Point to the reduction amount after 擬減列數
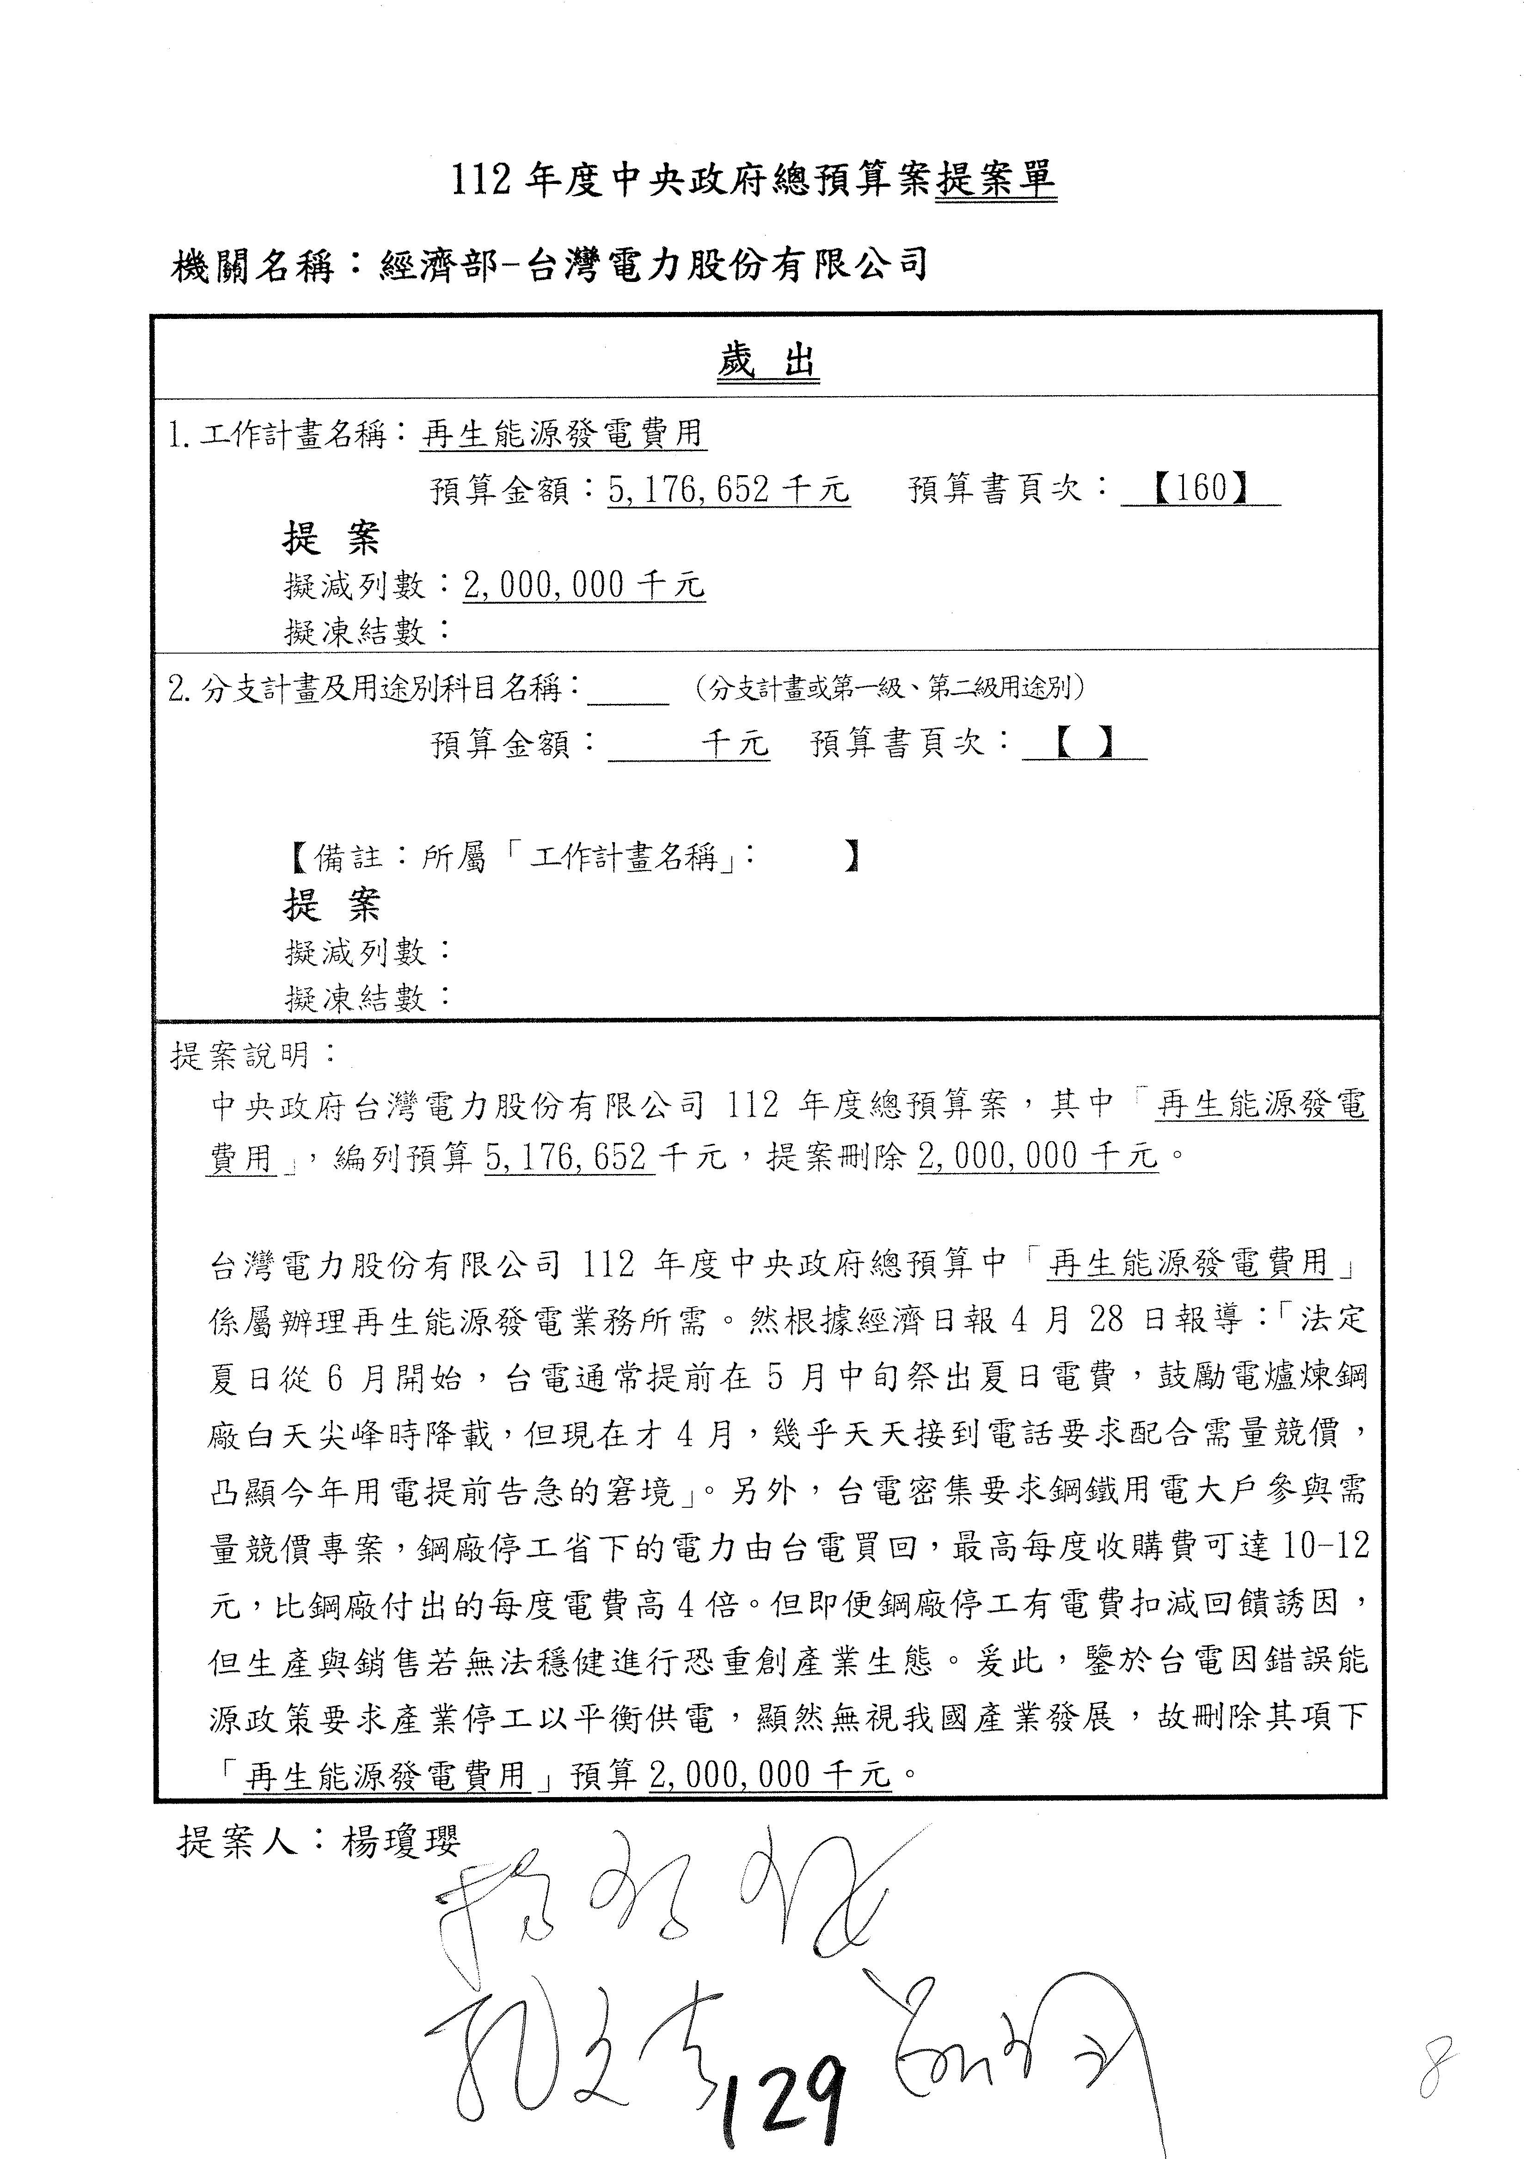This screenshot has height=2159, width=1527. point(583,585)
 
